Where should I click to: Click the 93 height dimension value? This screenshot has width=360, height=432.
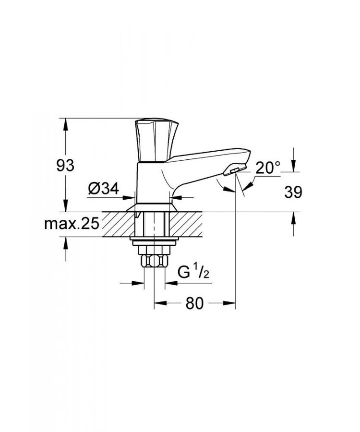point(65,166)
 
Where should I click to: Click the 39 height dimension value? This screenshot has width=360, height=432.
point(293,192)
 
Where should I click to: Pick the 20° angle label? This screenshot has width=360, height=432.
point(267,168)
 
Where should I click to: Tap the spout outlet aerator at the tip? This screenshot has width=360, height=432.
point(235,171)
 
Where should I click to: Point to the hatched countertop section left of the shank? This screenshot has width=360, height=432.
point(115,224)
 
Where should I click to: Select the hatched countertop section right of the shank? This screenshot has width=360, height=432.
point(192,224)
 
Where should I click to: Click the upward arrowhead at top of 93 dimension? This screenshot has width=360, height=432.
point(66,124)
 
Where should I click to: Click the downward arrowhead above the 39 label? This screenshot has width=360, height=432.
point(294,166)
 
